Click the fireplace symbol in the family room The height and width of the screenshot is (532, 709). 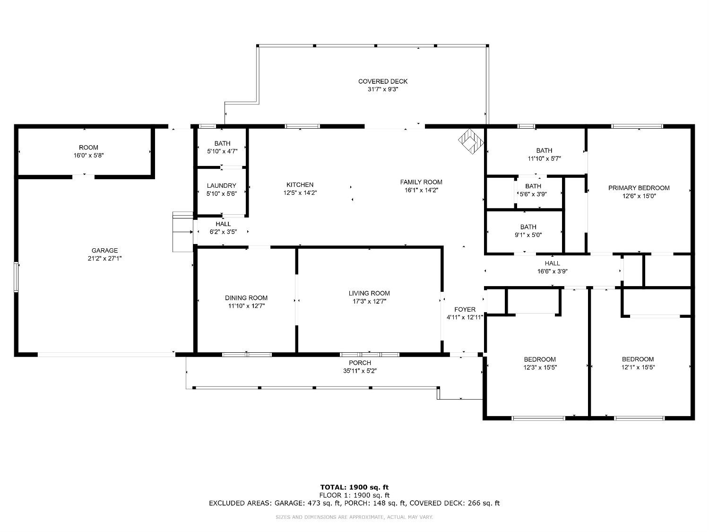(x=471, y=141)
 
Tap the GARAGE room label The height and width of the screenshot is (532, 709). (x=104, y=250)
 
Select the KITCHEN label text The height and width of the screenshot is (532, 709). (x=300, y=185)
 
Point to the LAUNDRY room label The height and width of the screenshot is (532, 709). (x=222, y=186)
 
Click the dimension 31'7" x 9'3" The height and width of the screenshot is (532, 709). (x=383, y=89)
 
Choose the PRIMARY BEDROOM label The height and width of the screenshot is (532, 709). (x=639, y=188)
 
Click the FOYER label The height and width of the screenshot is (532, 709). (x=465, y=309)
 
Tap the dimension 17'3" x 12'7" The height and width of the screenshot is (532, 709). (x=369, y=301)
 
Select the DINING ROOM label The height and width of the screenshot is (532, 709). (x=246, y=298)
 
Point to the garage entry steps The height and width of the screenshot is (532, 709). (x=183, y=232)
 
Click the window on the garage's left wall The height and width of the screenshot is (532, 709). (x=16, y=278)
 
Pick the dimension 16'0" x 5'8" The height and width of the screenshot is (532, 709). (x=88, y=156)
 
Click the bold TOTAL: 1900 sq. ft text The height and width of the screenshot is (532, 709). (x=354, y=487)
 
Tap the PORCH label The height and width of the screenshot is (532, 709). (x=360, y=363)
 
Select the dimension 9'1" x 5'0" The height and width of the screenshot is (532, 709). (x=528, y=235)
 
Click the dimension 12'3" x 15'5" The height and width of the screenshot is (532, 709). (x=540, y=367)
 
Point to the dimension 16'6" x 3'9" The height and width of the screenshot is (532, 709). (x=553, y=271)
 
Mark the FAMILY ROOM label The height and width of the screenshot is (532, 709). (x=421, y=182)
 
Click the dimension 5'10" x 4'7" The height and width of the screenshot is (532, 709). (x=222, y=151)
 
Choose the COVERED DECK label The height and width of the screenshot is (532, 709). (x=383, y=81)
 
